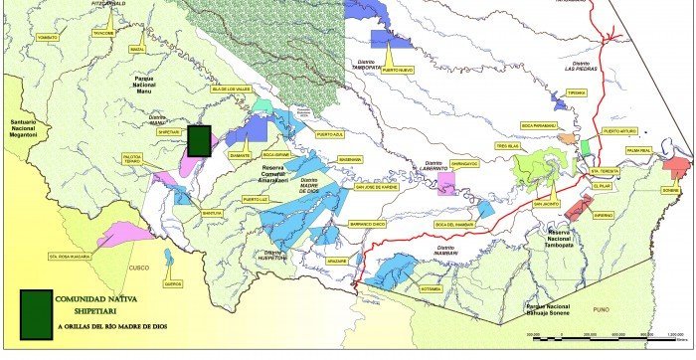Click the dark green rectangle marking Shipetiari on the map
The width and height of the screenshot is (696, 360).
tap(200, 140)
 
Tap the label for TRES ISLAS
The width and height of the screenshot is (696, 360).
tap(509, 144)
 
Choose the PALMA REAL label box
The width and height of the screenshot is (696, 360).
tap(665, 151)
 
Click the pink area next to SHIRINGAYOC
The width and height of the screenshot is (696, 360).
tap(446, 185)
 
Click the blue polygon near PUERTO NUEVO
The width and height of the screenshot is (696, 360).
tap(390, 39)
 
